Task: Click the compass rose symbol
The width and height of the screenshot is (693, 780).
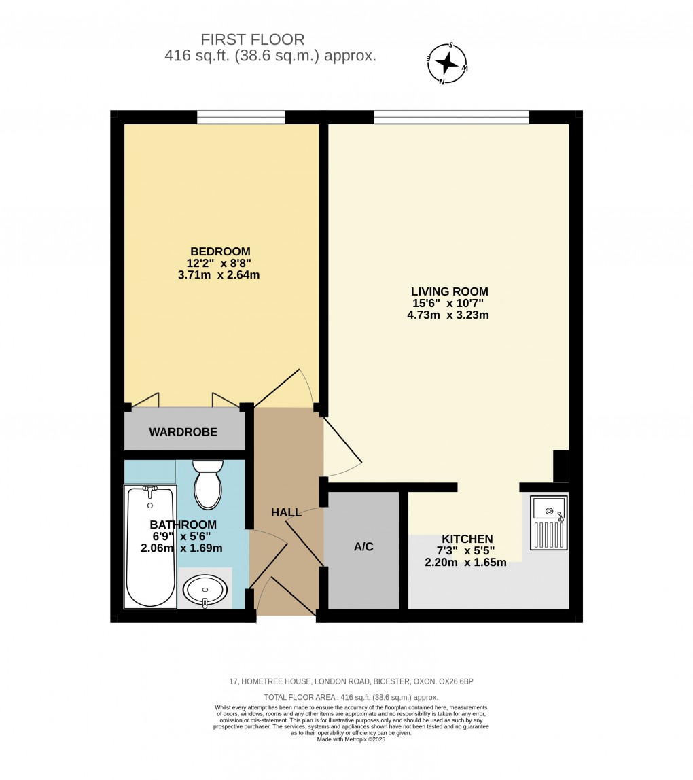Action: (x=446, y=63)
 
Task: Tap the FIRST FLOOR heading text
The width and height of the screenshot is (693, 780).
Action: (x=253, y=39)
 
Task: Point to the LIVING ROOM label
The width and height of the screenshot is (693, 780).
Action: (x=449, y=291)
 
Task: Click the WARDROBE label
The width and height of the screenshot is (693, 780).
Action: (x=183, y=432)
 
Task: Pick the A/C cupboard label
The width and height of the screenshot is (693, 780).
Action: (x=363, y=546)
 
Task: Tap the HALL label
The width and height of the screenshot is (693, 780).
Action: (x=286, y=512)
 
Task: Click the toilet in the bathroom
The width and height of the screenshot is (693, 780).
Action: (x=208, y=484)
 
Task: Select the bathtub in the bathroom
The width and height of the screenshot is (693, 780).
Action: (x=150, y=547)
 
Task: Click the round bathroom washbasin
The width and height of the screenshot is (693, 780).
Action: (x=205, y=589)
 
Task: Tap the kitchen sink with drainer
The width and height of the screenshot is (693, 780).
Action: (x=548, y=522)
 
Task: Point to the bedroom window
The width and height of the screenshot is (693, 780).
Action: (x=241, y=118)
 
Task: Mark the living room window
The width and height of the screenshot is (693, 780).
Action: (x=451, y=118)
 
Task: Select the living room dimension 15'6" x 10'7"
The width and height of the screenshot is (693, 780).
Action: (x=449, y=303)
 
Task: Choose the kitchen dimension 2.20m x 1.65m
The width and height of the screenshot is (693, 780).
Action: (x=465, y=563)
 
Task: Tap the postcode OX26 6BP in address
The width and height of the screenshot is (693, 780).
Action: (x=463, y=681)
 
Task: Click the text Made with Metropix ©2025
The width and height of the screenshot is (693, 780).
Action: (x=351, y=739)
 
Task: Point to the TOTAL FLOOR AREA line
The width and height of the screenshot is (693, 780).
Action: (x=351, y=698)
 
